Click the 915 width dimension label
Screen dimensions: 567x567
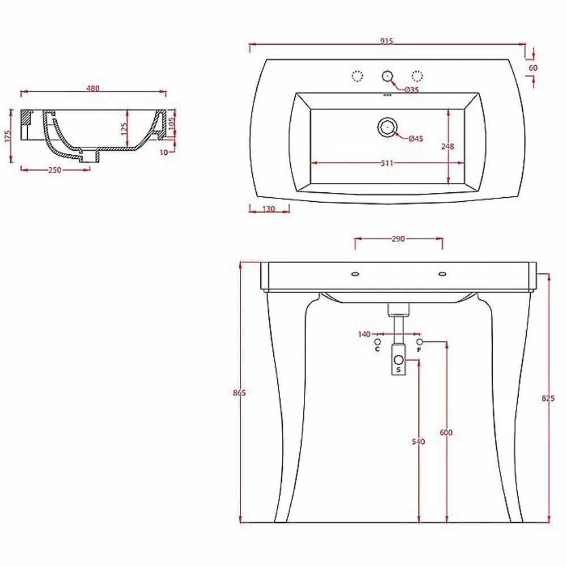[x=387, y=41]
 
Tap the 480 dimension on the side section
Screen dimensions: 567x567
[x=93, y=88]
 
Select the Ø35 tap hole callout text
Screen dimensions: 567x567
[x=412, y=90]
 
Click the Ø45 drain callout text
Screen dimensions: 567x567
[x=416, y=138]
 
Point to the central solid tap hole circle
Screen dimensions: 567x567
[x=387, y=76]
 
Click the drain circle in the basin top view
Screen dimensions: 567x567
[x=387, y=127]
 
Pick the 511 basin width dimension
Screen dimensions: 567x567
[x=387, y=163]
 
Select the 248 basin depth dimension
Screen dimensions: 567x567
[x=448, y=146]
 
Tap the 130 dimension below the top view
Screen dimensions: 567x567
[x=269, y=209]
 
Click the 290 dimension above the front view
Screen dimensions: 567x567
[x=398, y=239]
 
